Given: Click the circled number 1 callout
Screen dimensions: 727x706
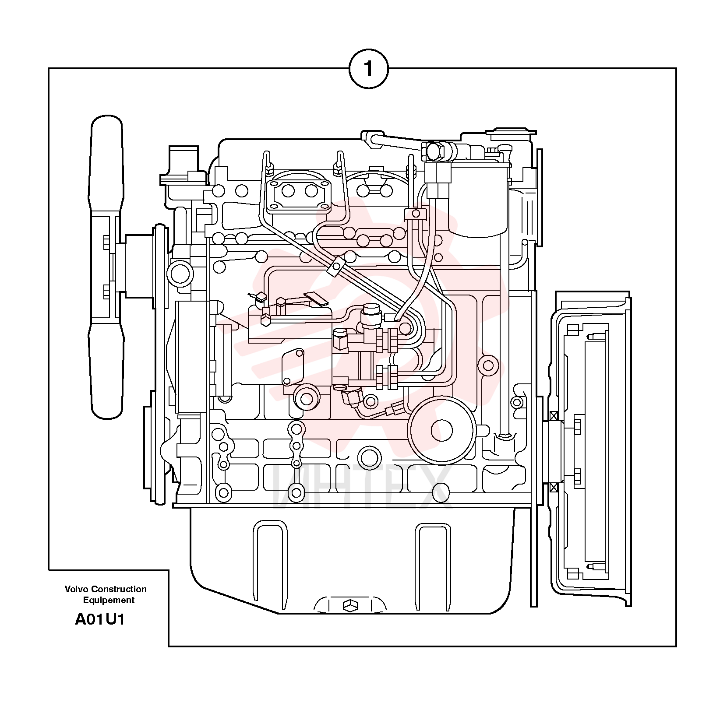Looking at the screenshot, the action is pyautogui.click(x=368, y=69).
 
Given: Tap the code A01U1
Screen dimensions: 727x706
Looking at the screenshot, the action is pyautogui.click(x=100, y=619).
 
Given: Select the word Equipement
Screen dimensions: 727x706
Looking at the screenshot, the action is pyautogui.click(x=109, y=601).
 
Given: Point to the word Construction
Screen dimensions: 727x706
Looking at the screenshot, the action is pyautogui.click(x=119, y=589).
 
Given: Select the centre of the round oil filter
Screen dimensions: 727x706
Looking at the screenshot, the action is pyautogui.click(x=441, y=430).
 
